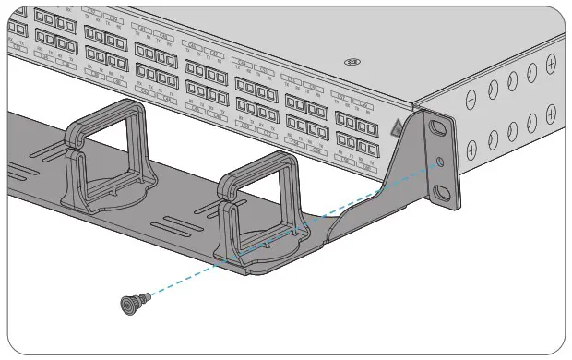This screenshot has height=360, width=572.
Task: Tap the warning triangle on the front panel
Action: click(x=396, y=129)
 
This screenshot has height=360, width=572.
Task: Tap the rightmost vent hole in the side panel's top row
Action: click(x=551, y=64)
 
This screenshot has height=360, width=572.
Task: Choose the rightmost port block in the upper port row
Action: click(x=355, y=117)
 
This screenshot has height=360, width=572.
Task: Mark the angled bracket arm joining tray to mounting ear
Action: click(x=369, y=198)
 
